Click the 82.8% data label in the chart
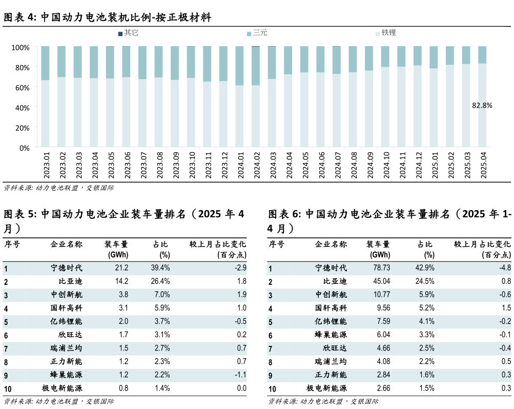coord(482,106)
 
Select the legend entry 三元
coord(257,33)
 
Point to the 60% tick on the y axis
coord(22,88)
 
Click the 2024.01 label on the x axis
coord(240,165)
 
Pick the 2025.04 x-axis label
coord(482,165)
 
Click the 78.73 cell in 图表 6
coord(380,268)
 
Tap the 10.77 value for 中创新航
coord(380,294)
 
